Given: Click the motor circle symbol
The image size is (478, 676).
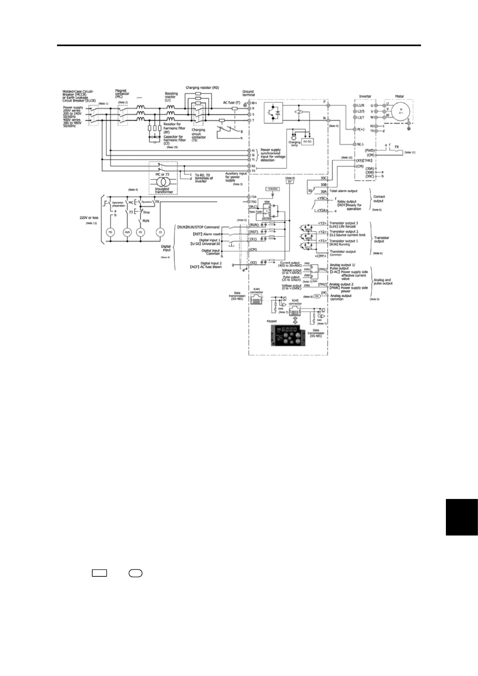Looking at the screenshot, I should point(400,111).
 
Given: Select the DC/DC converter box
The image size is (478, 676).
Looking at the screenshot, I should point(307,142).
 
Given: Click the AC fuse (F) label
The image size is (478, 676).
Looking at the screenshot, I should point(232,103).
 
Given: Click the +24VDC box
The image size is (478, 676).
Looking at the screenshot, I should point(273,189).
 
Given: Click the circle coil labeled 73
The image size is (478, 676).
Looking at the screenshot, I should point(160,232).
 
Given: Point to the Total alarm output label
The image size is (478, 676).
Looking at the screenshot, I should point(343,191).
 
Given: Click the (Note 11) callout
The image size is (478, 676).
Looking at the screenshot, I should point(410,153).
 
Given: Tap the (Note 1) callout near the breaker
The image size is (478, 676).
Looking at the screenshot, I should point(103,104).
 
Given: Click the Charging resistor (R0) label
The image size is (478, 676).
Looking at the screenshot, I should point(202,88).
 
